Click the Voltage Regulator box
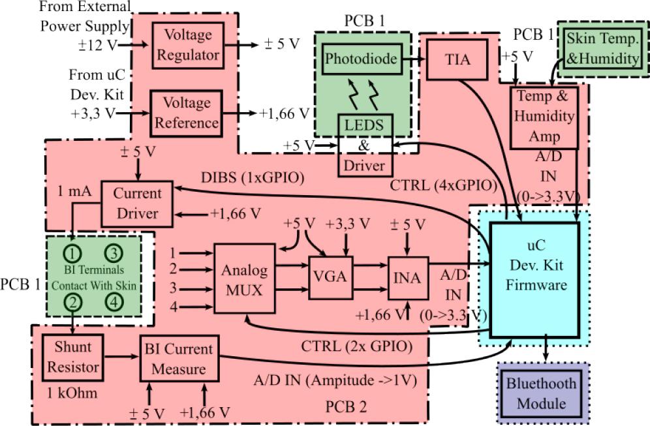[187, 44]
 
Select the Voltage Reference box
[187, 112]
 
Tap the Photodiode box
[360, 59]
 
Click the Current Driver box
[137, 204]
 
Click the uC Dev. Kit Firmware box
[534, 277]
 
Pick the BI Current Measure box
[179, 359]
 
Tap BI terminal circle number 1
[74, 252]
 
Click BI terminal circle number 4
[114, 302]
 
